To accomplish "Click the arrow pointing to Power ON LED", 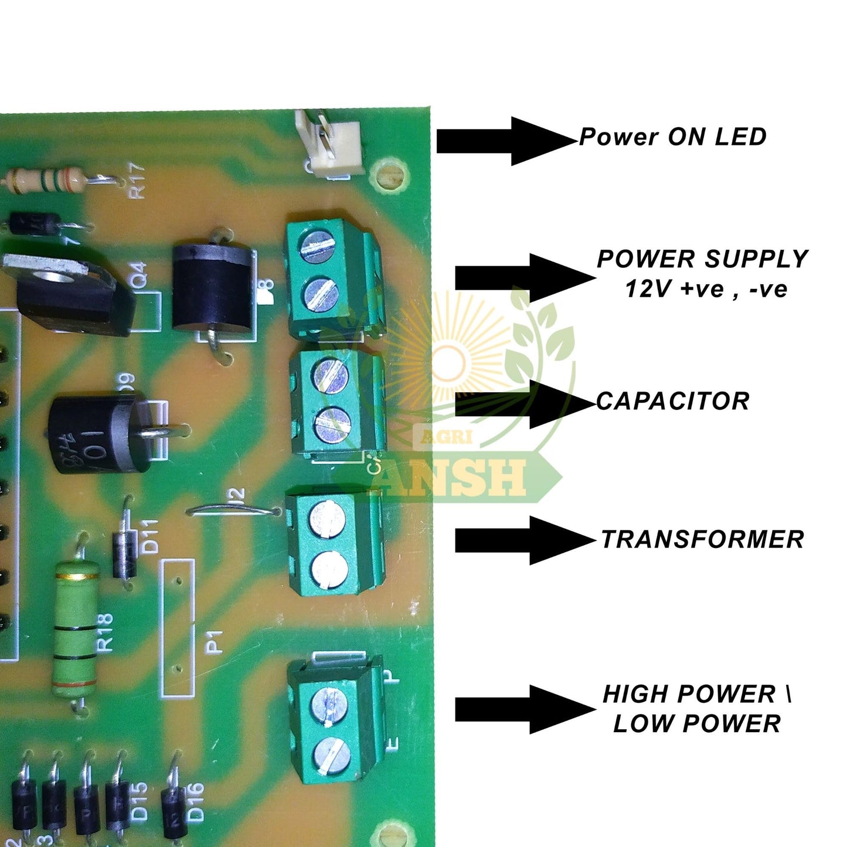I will [x=505, y=141].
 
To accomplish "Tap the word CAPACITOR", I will [x=673, y=402].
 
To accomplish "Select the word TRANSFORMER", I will [x=702, y=539].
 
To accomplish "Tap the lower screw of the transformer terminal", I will [x=329, y=568].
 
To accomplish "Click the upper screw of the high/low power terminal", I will [x=329, y=703].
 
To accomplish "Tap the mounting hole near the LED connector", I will [x=390, y=175].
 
